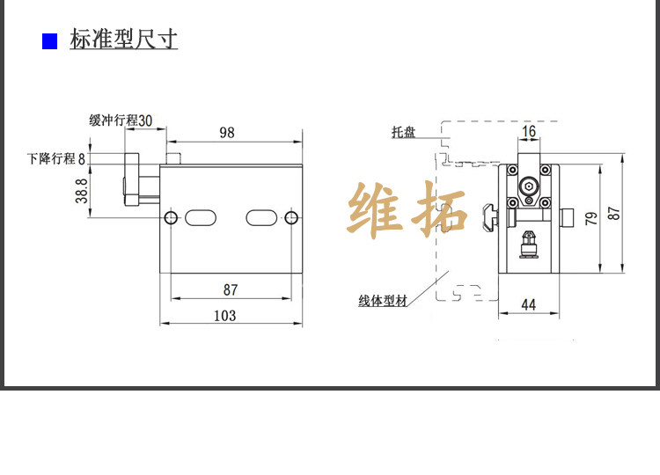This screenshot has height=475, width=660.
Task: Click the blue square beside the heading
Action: coord(50,41)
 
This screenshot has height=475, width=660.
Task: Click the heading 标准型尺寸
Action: coord(124,40)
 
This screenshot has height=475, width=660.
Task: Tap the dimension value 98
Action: coord(227,133)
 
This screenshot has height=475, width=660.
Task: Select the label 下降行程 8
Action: coord(57,158)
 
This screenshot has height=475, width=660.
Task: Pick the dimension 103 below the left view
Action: coord(225,315)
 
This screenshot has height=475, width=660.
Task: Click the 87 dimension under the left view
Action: coord(230,289)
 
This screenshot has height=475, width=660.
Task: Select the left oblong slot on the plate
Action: coord(201,217)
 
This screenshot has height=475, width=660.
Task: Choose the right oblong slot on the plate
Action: coord(261,217)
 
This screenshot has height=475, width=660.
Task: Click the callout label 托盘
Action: coord(404,133)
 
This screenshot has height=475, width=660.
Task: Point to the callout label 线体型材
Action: coord(383,301)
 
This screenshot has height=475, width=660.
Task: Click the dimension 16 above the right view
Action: coord(529,132)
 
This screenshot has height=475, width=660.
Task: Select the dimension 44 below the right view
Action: coord(529,304)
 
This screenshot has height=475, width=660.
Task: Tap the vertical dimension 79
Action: coord(591,217)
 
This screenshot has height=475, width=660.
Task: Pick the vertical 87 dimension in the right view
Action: coord(614,212)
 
